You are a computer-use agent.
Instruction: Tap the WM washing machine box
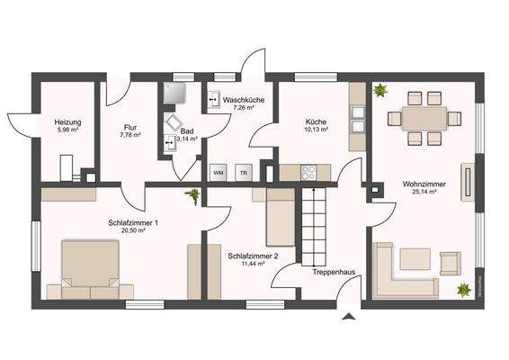coord(218,171)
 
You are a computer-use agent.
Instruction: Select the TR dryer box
coord(243,171)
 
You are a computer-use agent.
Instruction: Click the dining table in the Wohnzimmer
coord(423,118)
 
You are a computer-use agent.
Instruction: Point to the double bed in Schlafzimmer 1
coord(89,268)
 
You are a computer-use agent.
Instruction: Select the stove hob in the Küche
coord(308,171)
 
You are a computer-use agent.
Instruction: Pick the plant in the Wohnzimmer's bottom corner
coord(463,290)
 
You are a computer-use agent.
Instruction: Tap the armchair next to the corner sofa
coord(449,263)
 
